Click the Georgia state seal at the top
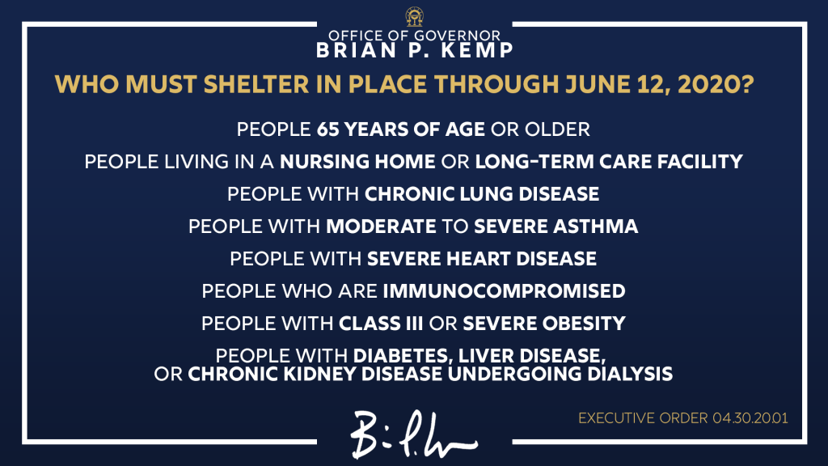tap(414, 16)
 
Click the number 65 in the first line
tap(327, 129)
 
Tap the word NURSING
tap(324, 162)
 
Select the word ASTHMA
tap(596, 227)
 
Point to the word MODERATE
tap(381, 227)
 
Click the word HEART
tap(479, 258)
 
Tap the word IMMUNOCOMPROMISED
tap(504, 290)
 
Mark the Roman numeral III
tap(412, 324)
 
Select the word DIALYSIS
tap(630, 374)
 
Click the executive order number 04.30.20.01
tap(750, 418)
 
